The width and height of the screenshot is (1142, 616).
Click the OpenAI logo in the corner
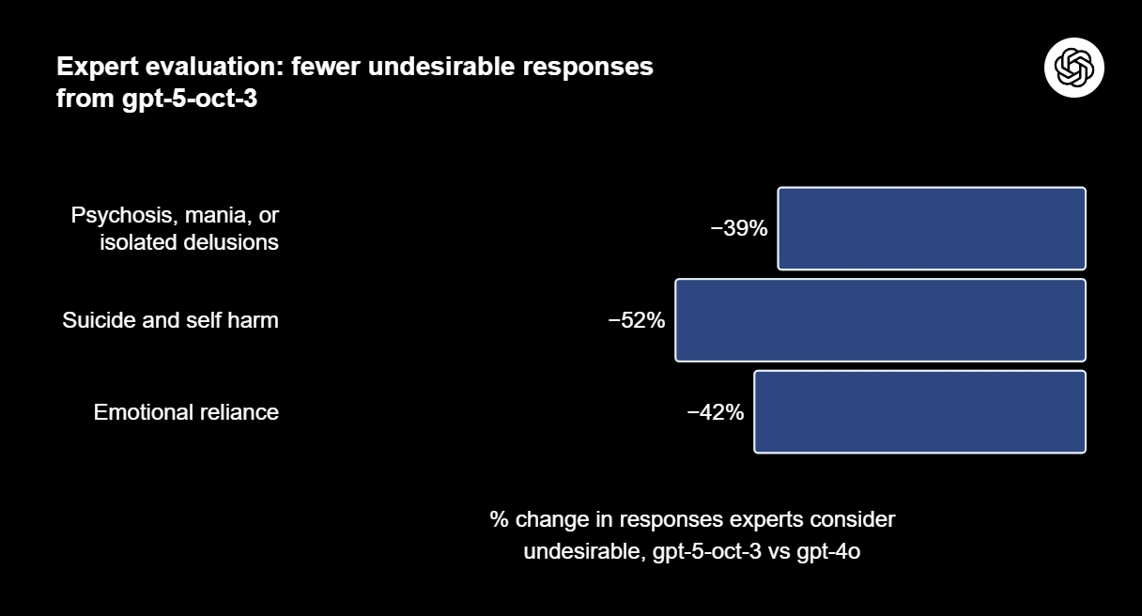click(1073, 68)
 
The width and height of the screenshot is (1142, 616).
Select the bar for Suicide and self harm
click(880, 320)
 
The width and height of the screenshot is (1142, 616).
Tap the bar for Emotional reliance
click(919, 412)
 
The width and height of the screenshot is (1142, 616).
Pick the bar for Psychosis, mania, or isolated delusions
click(931, 228)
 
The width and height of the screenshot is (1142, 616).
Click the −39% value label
click(739, 228)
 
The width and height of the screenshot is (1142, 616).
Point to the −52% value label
click(637, 320)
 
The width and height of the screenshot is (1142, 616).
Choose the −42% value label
click(716, 412)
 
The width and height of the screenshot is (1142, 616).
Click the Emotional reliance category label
click(186, 412)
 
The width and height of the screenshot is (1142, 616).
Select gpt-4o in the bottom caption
click(827, 552)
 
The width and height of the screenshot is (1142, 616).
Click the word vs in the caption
click(779, 552)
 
